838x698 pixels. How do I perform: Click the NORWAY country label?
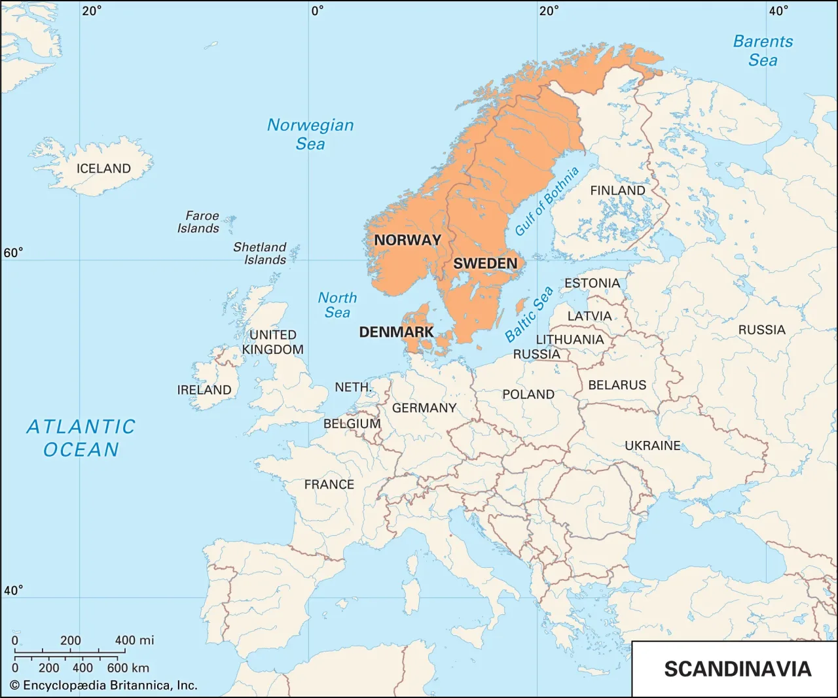407,240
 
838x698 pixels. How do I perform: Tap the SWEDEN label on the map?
485,264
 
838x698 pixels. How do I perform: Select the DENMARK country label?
396,332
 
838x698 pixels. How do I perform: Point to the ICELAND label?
103,169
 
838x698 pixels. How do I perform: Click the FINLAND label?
617,190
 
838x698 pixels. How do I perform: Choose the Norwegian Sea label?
310,134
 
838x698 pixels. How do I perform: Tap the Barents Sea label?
763,50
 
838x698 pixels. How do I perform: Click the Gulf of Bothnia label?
547,201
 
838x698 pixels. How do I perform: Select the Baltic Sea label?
529,314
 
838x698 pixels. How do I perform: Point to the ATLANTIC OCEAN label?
81,438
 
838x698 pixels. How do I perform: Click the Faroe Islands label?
199,222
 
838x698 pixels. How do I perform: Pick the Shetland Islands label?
261,253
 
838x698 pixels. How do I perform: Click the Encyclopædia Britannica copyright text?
103,686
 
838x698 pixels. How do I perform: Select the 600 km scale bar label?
128,668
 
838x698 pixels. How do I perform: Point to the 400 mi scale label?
134,640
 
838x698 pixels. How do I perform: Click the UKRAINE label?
652,445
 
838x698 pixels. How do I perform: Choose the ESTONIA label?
592,283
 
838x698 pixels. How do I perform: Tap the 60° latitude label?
13,253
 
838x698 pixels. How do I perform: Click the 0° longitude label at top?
317,10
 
